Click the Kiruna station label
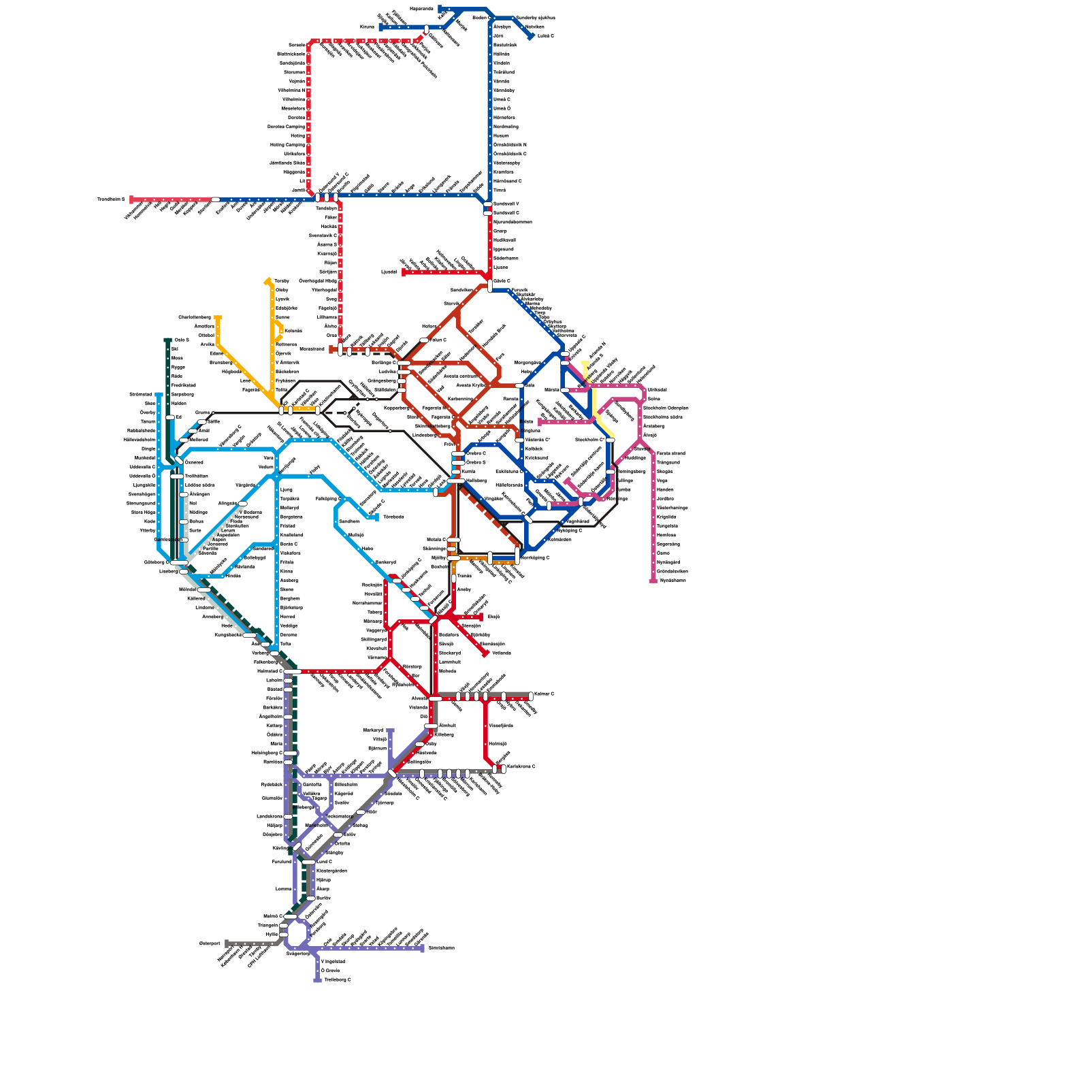368,27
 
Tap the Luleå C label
546,36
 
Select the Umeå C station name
502,99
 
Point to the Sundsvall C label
506,213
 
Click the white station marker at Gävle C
490,285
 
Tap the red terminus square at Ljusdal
404,272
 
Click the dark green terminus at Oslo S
167,340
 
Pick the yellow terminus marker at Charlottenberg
218,318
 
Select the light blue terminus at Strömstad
159,395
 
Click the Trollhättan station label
196,476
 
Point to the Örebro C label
476,453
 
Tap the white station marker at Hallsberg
456,481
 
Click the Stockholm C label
589,440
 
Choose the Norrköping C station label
535,557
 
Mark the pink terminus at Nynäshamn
653,581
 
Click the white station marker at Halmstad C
293,672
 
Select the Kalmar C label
544,694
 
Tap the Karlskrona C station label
521,767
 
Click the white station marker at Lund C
309,862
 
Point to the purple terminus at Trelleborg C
317,980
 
